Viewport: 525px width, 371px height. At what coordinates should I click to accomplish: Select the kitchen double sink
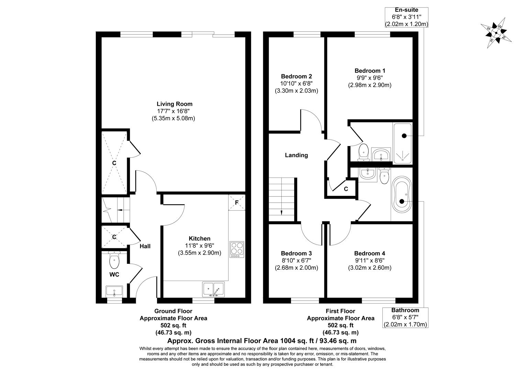pyautogui.click(x=213, y=290)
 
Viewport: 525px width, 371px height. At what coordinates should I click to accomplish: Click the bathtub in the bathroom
pyautogui.click(x=401, y=195)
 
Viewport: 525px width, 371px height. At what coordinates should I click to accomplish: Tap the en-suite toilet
pyautogui.click(x=363, y=152)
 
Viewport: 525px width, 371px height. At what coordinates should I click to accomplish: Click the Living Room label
pyautogui.click(x=175, y=104)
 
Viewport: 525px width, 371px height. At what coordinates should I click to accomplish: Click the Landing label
pyautogui.click(x=297, y=155)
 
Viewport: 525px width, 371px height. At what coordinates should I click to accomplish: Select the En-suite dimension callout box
pyautogui.click(x=406, y=17)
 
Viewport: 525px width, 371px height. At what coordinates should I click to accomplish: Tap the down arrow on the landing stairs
pyautogui.click(x=282, y=212)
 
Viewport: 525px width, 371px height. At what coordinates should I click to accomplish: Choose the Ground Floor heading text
pyautogui.click(x=173, y=311)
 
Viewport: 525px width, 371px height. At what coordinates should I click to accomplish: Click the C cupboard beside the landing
pyautogui.click(x=346, y=189)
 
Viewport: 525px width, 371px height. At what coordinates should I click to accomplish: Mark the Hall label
pyautogui.click(x=145, y=246)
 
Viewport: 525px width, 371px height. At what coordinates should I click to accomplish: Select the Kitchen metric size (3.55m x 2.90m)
pyautogui.click(x=199, y=253)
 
